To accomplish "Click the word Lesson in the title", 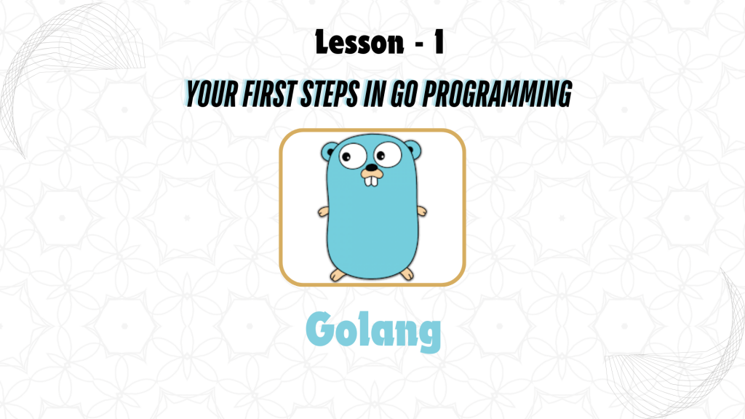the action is click(359, 42).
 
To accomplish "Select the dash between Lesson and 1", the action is click(419, 44).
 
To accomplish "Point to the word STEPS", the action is click(330, 94).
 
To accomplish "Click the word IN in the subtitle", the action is click(375, 94).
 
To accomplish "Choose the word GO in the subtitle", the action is click(403, 94).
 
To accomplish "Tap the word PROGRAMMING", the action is click(497, 94).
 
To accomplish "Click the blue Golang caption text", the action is click(373, 331).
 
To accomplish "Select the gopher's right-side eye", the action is click(387, 154).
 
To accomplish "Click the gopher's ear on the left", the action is click(329, 151).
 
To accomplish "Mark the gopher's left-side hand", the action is click(324, 212).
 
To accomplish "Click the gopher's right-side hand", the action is click(421, 211).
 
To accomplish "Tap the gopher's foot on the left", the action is click(338, 275).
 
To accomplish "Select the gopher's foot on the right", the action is click(407, 274).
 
